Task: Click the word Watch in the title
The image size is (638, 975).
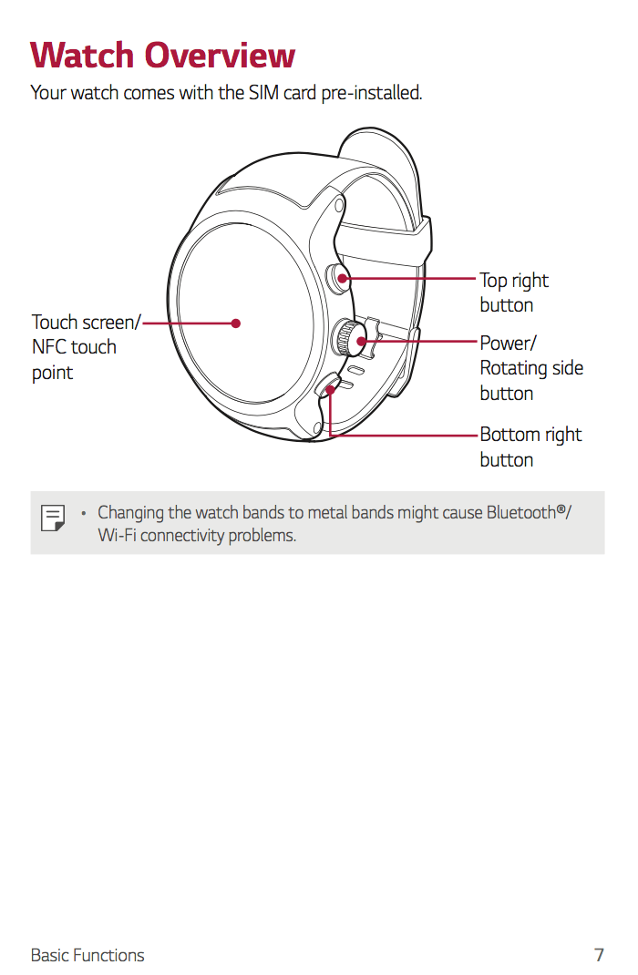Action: click(x=83, y=56)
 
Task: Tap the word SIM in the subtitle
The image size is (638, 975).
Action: click(x=263, y=93)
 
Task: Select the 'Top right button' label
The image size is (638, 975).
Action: click(x=514, y=292)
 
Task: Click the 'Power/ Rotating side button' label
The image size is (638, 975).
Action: click(x=531, y=368)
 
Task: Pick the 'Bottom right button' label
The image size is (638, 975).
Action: click(x=530, y=446)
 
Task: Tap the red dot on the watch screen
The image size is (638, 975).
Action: click(x=235, y=323)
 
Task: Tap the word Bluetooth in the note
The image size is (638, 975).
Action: click(x=520, y=512)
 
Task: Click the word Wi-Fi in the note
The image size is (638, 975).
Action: click(x=118, y=536)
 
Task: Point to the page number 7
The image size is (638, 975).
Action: click(x=599, y=955)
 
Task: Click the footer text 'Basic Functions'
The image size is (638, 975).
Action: click(x=87, y=955)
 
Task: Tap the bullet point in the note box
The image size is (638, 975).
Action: click(x=83, y=513)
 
